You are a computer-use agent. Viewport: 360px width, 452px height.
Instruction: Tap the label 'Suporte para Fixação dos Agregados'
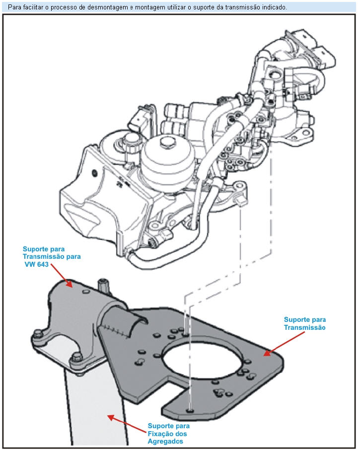point(169,433)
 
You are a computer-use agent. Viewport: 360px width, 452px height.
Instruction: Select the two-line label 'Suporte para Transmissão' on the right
point(304,323)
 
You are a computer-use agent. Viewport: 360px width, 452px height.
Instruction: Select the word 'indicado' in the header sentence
point(275,7)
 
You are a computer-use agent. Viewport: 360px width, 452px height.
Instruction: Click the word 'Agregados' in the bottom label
point(168,441)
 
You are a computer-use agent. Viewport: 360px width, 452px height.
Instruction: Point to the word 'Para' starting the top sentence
point(15,7)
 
